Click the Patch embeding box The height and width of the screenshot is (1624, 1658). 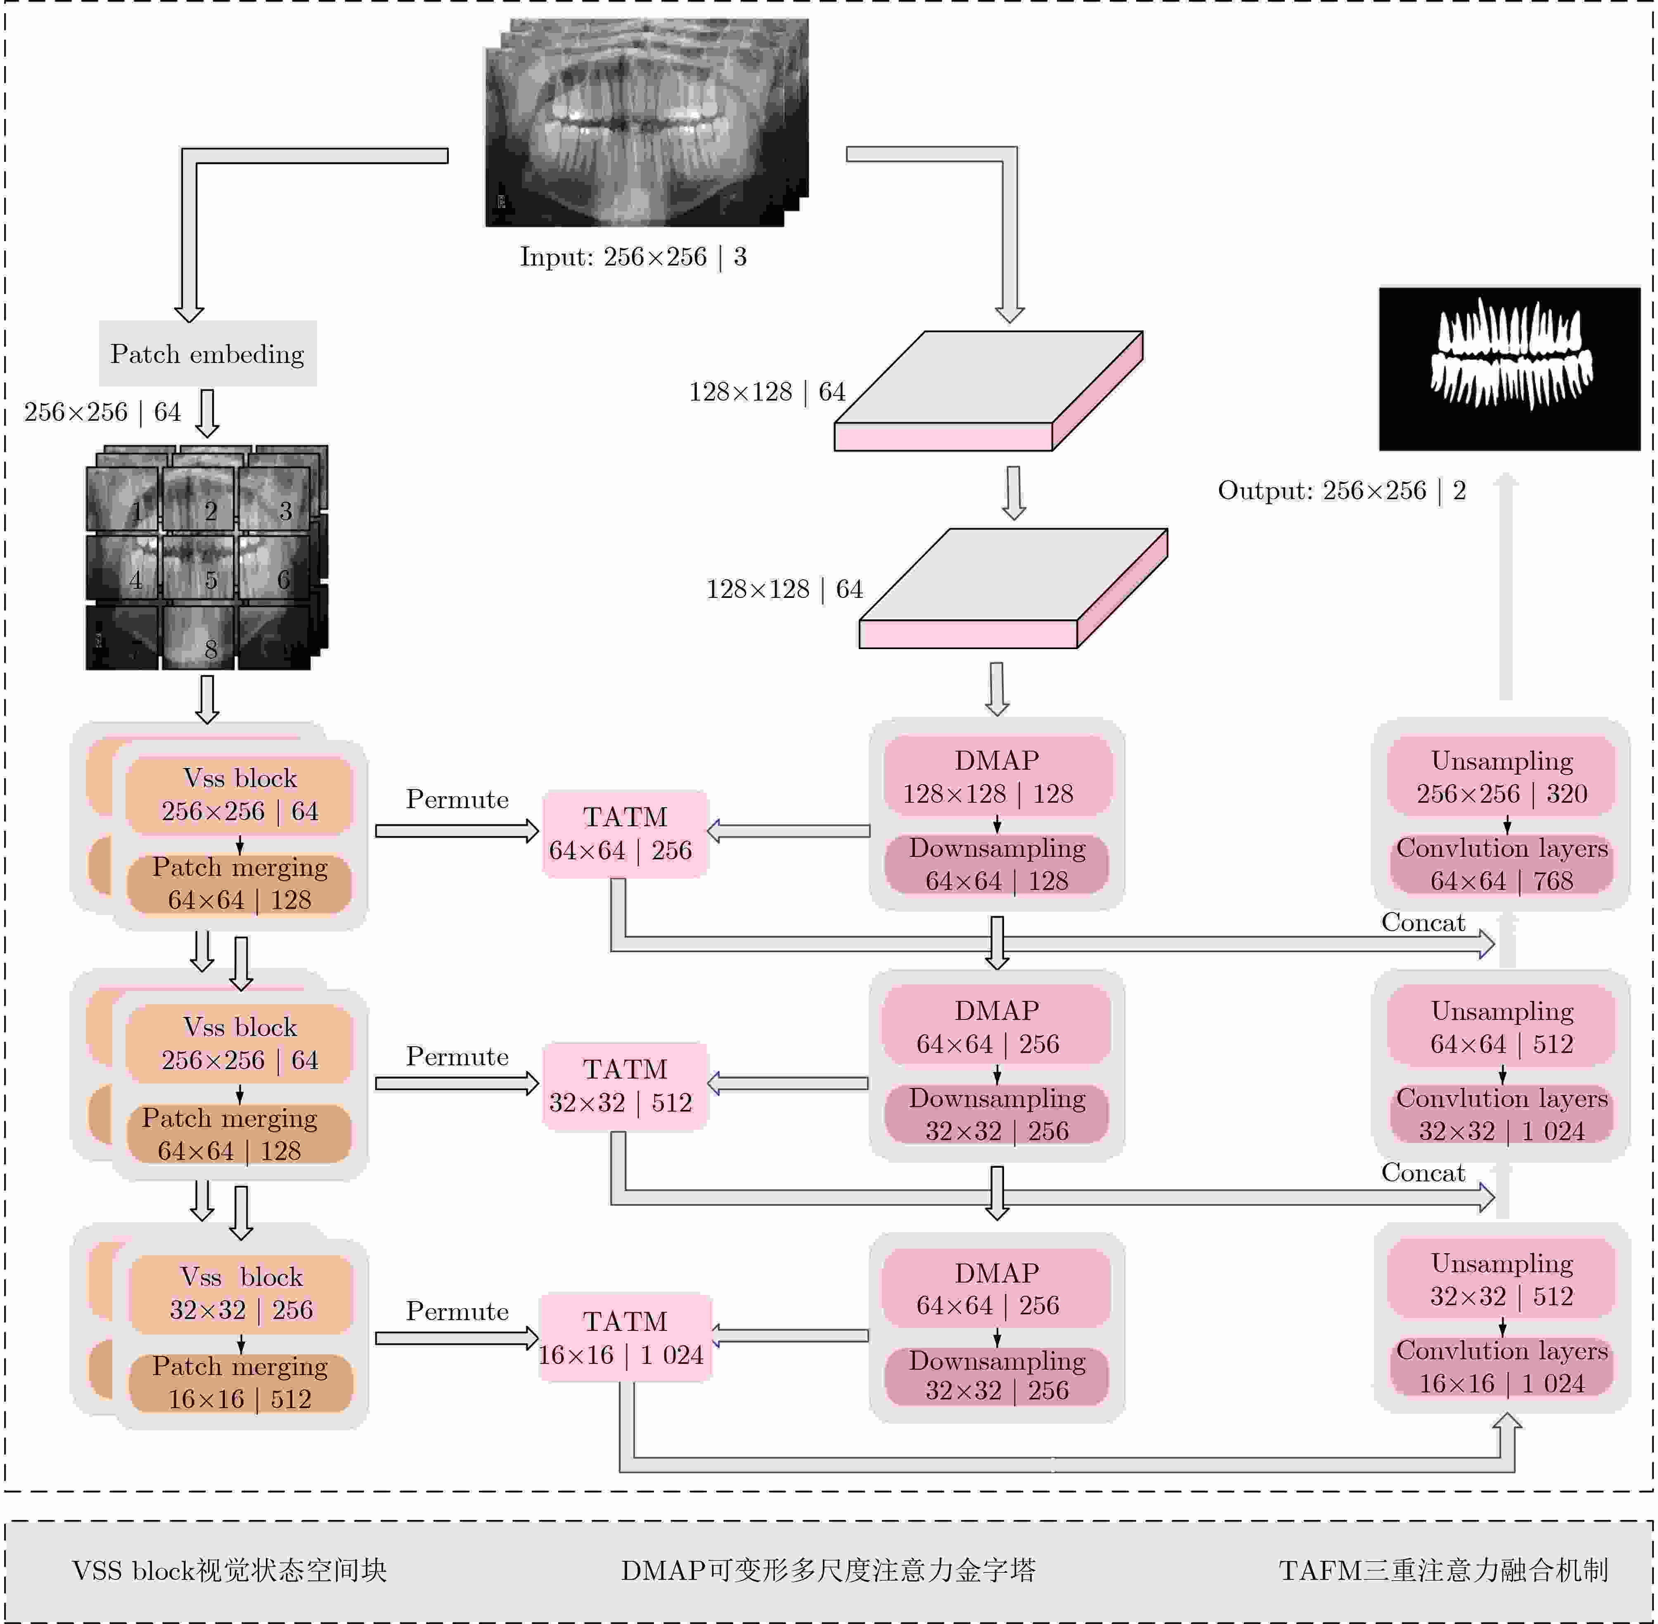pyautogui.click(x=207, y=353)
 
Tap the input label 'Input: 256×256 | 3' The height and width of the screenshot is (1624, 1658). pyautogui.click(x=633, y=257)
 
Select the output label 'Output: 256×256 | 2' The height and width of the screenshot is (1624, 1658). pyautogui.click(x=1341, y=491)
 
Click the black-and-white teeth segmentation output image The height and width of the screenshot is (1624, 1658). pyautogui.click(x=1509, y=368)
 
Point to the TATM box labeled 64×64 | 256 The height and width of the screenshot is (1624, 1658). pyautogui.click(x=625, y=833)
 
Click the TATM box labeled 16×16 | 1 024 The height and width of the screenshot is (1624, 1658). pyautogui.click(x=625, y=1337)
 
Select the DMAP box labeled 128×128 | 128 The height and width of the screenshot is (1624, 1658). pyautogui.click(x=997, y=776)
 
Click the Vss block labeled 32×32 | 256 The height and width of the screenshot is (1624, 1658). pyautogui.click(x=241, y=1293)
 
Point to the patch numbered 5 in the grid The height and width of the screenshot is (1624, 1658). pyautogui.click(x=198, y=567)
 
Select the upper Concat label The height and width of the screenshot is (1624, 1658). pyautogui.click(x=1423, y=922)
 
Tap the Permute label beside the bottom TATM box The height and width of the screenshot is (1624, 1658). pyautogui.click(x=457, y=1311)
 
